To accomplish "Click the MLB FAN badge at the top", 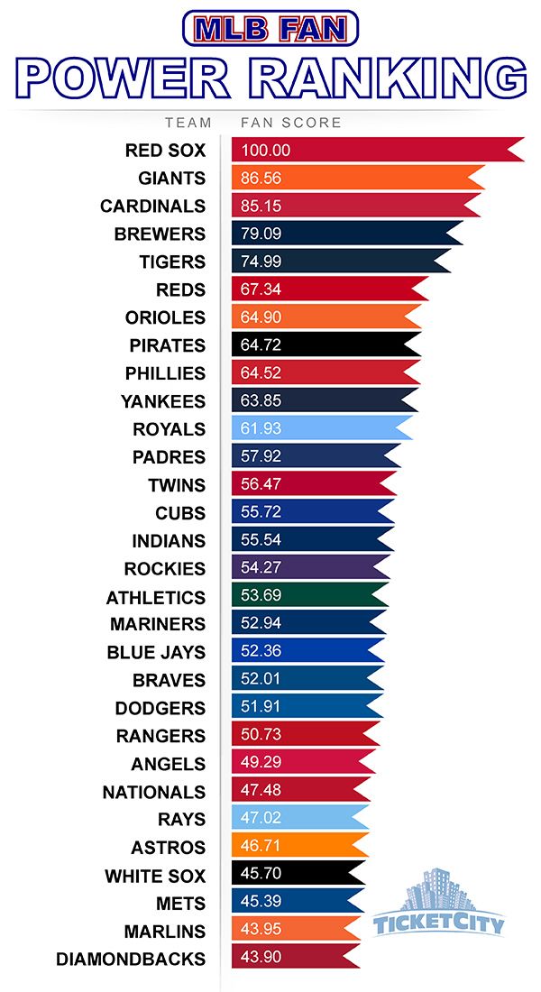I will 270,29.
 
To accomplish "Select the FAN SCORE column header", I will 290,123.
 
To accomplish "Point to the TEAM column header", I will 188,123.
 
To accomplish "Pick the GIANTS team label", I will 171,178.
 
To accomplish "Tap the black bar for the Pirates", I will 325,345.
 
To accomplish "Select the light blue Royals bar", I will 320,429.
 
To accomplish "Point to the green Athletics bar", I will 307,597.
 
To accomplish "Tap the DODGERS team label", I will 160,708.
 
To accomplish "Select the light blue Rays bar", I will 298,820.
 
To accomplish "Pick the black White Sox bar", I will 297,876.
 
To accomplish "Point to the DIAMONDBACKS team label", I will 131,959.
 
